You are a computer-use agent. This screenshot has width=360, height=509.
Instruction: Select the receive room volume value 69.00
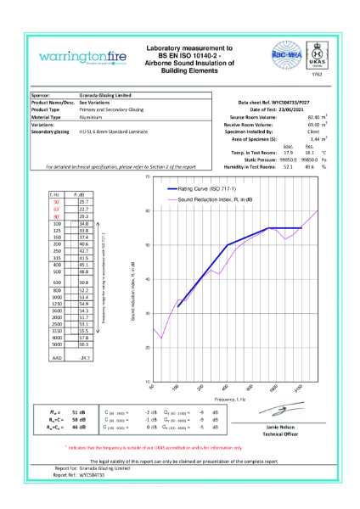pyautogui.click(x=311, y=125)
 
